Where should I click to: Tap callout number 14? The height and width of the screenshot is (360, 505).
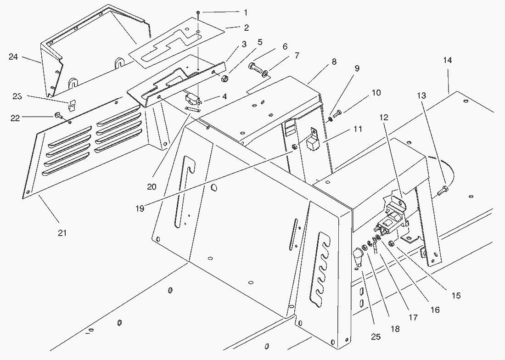pyautogui.click(x=448, y=60)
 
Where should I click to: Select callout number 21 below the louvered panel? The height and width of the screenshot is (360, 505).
pyautogui.click(x=62, y=233)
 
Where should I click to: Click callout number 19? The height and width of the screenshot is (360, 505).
pyautogui.click(x=140, y=208)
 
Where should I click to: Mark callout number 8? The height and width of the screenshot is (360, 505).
pyautogui.click(x=334, y=61)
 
